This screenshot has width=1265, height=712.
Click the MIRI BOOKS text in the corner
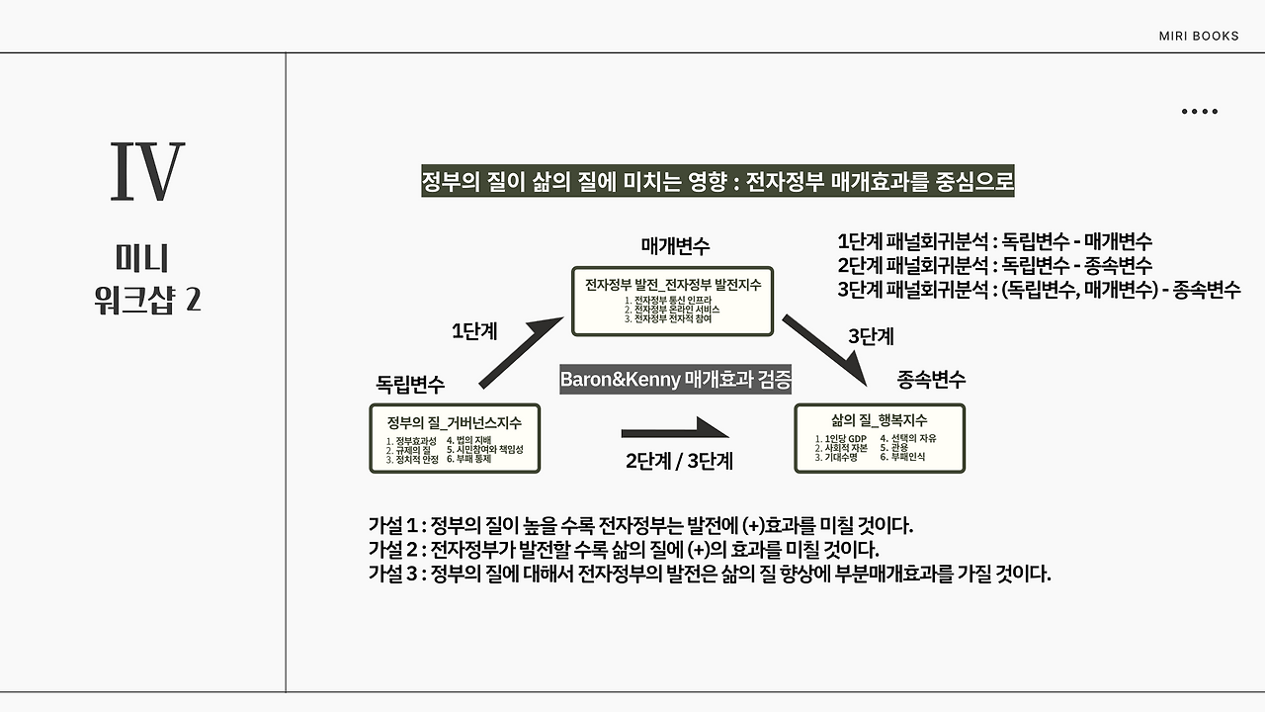(x=1198, y=37)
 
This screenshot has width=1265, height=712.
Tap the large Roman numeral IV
(x=146, y=173)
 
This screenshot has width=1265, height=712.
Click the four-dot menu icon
(x=1199, y=112)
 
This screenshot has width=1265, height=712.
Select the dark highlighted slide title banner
(x=718, y=183)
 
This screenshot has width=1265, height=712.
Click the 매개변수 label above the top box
(x=675, y=245)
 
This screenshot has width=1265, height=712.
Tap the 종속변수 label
(x=931, y=379)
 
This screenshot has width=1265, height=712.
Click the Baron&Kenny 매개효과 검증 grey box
(x=677, y=380)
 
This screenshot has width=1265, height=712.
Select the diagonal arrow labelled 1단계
(x=517, y=353)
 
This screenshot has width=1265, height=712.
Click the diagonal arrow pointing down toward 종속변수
(x=824, y=349)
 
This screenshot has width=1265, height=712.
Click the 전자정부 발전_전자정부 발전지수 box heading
(x=673, y=284)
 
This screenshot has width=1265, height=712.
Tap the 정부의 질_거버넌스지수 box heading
(x=455, y=422)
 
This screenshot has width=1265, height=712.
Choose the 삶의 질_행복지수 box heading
(x=879, y=420)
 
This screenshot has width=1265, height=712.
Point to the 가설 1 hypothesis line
(x=639, y=525)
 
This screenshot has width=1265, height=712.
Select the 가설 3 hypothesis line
(x=709, y=575)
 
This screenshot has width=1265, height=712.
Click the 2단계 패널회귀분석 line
(x=994, y=265)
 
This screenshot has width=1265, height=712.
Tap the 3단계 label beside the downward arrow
(x=871, y=336)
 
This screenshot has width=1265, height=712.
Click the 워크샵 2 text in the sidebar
(x=146, y=300)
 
